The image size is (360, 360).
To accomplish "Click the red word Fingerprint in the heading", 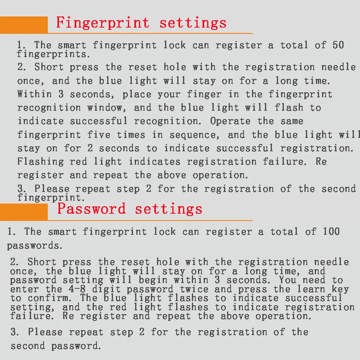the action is click(103, 23).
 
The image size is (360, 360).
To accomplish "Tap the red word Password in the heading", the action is click(92, 209).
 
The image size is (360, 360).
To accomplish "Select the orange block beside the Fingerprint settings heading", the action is click(24, 25).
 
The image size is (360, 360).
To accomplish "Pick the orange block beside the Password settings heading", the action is click(24, 212).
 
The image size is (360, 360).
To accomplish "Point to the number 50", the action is click(338, 45).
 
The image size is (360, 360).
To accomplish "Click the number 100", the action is click(331, 231).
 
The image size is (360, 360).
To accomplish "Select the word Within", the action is click(35, 94).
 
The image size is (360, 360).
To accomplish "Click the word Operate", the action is click(230, 121).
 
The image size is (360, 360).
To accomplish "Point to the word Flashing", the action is click(41, 162).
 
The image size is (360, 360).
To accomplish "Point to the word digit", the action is click(106, 289).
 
